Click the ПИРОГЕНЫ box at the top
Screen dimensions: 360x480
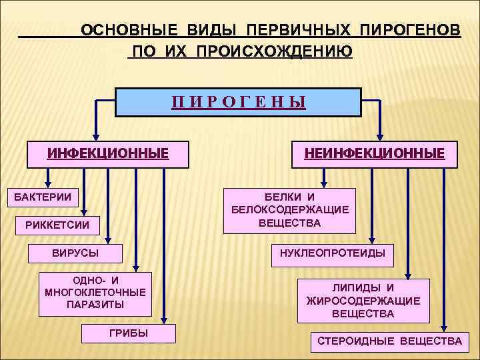coord(238,103)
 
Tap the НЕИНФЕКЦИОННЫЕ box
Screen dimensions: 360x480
coord(374,154)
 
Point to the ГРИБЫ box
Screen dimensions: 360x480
coord(129,333)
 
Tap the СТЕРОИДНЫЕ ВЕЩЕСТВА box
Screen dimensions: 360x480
coord(389,341)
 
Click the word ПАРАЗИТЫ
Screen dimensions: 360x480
coord(95,305)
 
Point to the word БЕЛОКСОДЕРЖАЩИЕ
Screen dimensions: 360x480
coord(290,210)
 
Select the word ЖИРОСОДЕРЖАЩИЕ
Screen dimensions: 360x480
coord(363,301)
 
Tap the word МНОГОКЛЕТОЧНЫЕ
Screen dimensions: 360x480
coord(95,292)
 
